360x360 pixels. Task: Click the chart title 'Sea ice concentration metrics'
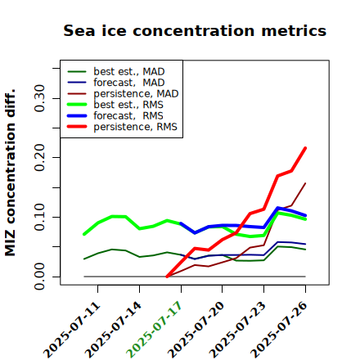point(195,30)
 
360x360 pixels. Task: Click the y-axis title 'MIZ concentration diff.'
point(10,173)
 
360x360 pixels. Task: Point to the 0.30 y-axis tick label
point(40,98)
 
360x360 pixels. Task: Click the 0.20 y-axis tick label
point(40,157)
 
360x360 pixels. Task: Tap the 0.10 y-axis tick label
point(40,217)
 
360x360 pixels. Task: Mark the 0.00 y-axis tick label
point(40,277)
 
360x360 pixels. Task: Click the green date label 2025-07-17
point(154,330)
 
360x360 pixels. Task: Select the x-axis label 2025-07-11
point(71,330)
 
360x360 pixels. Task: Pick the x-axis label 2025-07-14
point(113,330)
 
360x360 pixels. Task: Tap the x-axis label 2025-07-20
point(196,330)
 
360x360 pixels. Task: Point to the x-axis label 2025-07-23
point(237,330)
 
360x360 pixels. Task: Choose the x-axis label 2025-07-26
point(279,330)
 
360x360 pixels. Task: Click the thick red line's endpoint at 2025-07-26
point(305,148)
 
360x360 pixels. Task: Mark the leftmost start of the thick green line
point(84,234)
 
